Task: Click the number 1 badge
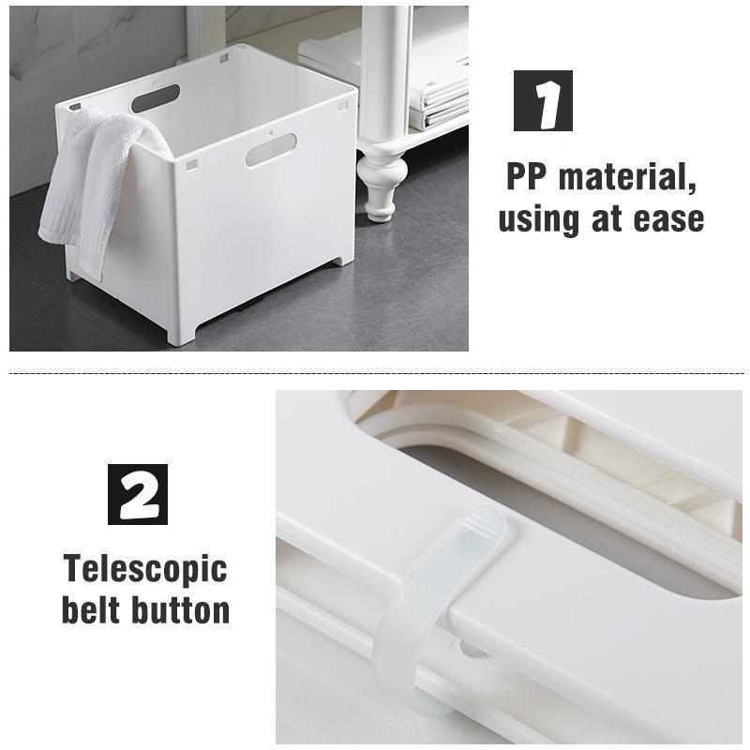point(543,100)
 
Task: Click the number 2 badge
point(138,494)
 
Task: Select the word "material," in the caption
point(627,178)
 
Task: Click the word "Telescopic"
point(145,570)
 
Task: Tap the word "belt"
point(90,609)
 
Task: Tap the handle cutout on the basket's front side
point(271,150)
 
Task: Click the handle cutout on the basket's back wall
point(156,98)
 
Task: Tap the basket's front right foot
point(181,334)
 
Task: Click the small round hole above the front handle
point(270,132)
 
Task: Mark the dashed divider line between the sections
point(377,372)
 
